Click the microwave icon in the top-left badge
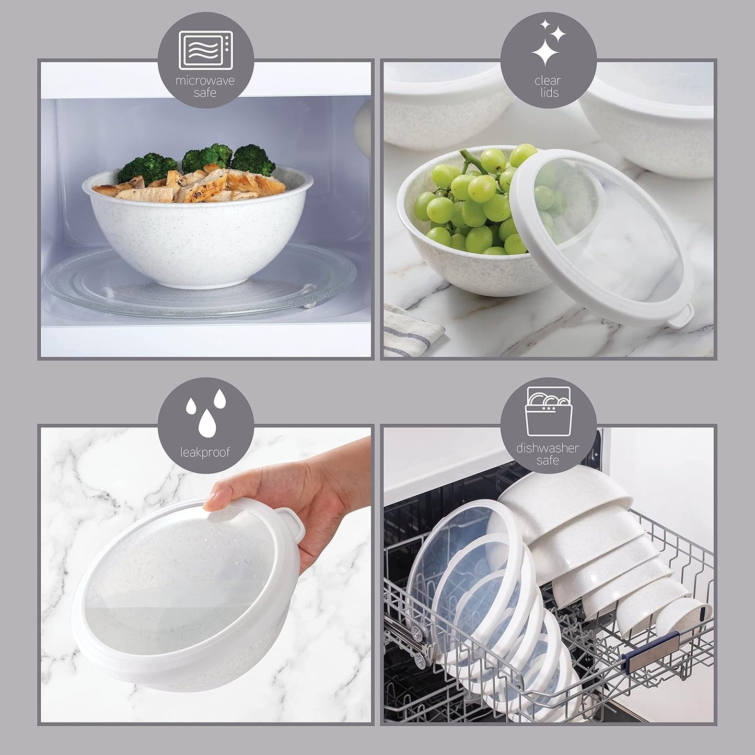point(205,50)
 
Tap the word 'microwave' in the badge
point(205,81)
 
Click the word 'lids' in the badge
point(548,93)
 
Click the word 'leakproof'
point(205,452)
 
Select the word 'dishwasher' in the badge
point(548,448)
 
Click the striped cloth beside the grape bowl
point(413,329)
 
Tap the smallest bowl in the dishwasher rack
point(682,619)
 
